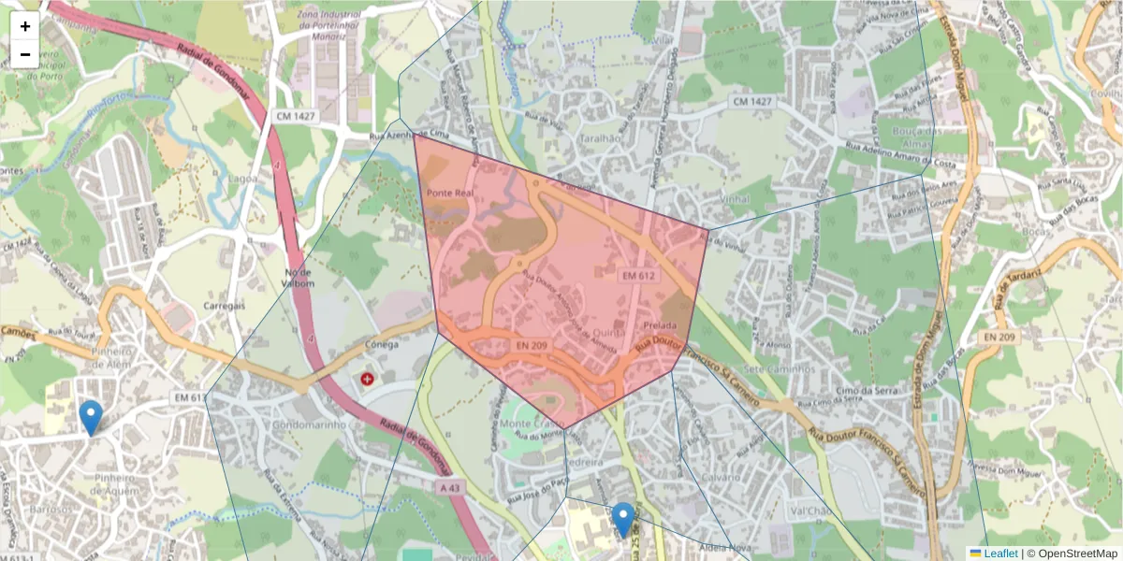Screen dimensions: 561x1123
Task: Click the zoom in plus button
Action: [25, 26]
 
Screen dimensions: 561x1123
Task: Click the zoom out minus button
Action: [25, 54]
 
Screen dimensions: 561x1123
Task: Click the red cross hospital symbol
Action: [366, 379]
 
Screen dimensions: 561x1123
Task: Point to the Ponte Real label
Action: [445, 193]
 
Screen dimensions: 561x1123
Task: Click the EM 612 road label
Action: [639, 276]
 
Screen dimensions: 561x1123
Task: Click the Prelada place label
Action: [660, 325]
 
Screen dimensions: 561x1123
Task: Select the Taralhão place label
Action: [600, 137]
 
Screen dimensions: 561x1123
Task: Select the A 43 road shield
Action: [449, 487]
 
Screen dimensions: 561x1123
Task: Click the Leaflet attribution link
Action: [1000, 554]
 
